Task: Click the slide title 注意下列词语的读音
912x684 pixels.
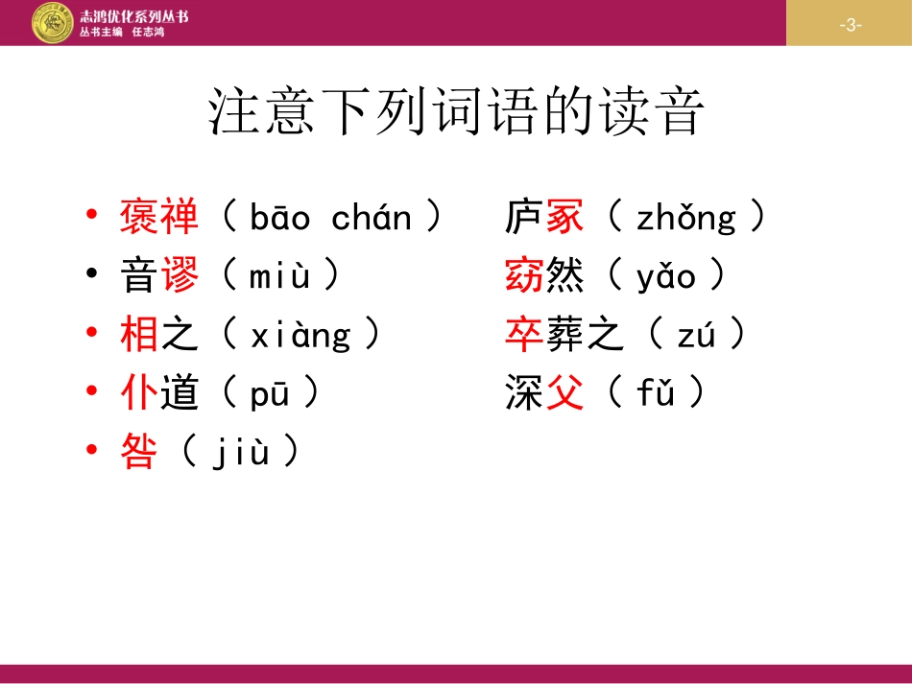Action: (457, 113)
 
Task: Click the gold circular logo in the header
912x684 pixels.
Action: (52, 23)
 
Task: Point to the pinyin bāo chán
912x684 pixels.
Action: (330, 219)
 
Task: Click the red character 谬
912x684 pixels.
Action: (180, 277)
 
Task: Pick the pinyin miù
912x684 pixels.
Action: (280, 277)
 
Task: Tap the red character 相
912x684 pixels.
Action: (139, 335)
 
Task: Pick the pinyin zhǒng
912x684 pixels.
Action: (685, 220)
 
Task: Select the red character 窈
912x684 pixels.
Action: (524, 277)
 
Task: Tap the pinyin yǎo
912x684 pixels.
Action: (665, 277)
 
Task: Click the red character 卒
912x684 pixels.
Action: (524, 335)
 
